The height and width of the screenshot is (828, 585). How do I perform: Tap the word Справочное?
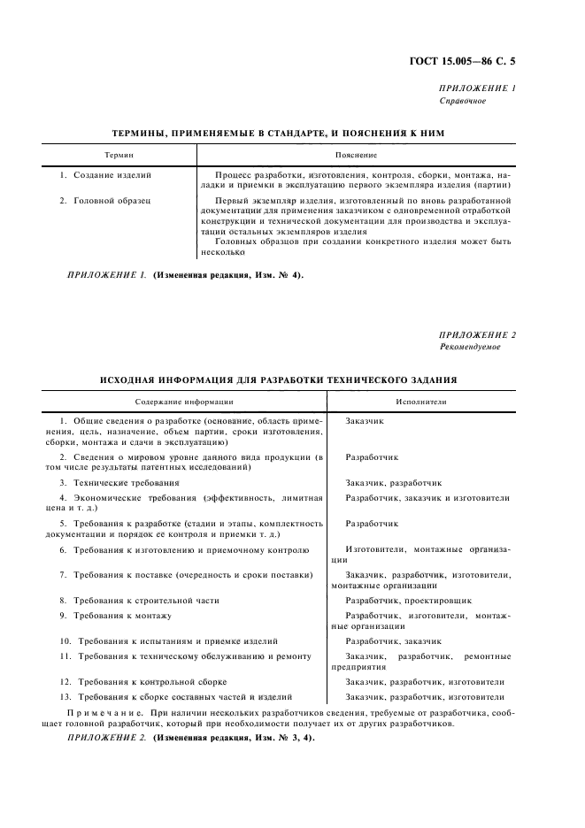click(x=463, y=100)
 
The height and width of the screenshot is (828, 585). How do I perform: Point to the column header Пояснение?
click(x=356, y=155)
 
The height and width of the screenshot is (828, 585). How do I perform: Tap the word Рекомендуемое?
click(x=470, y=347)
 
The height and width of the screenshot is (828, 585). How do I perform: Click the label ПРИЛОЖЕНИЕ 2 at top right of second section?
click(x=478, y=334)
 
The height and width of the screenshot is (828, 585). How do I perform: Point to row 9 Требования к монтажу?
click(x=121, y=615)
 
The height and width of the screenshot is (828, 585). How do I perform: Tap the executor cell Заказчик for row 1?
click(x=365, y=421)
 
